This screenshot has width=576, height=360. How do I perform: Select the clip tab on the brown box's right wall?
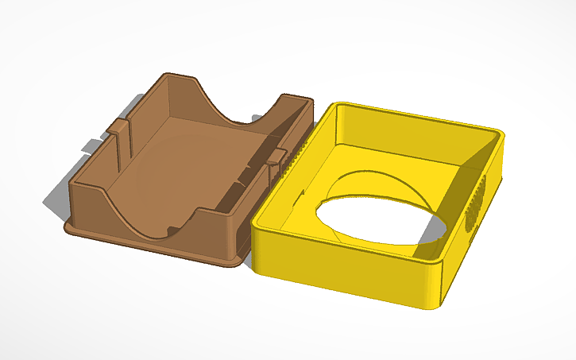(274, 158)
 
